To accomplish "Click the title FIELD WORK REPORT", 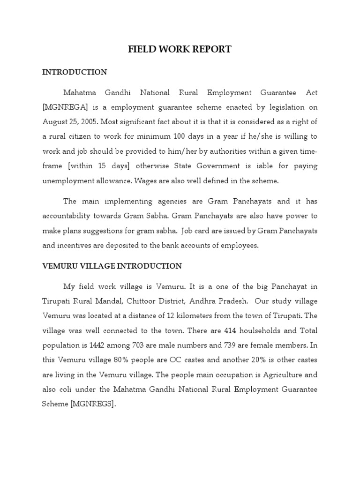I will click(180, 49).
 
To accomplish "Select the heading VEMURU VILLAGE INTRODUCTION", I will click(112, 266).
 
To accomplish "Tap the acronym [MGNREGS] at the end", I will click(92, 404).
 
